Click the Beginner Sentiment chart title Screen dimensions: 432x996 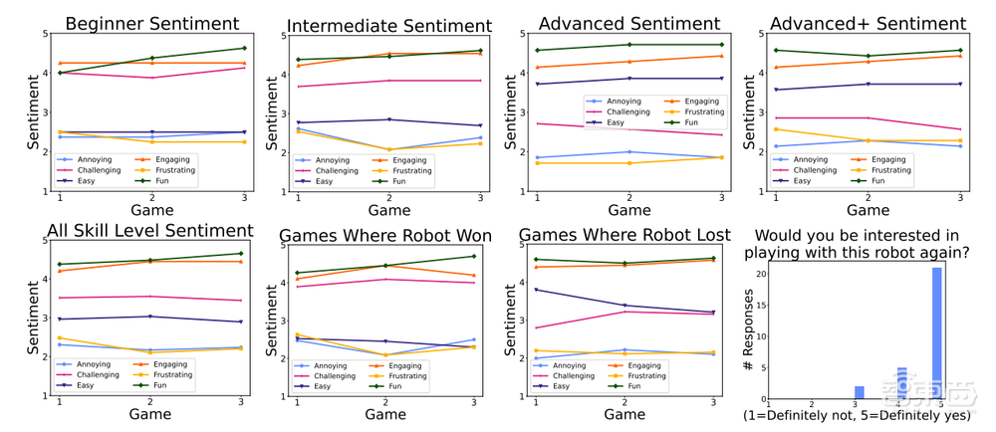pyautogui.click(x=151, y=23)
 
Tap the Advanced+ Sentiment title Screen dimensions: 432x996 pyautogui.click(x=868, y=23)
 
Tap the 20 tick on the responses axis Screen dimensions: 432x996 pyautogui.click(x=759, y=274)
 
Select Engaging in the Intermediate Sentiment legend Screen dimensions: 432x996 pyautogui.click(x=409, y=159)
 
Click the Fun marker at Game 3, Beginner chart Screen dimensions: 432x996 pyautogui.click(x=244, y=48)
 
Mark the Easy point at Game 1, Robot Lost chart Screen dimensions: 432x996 pyautogui.click(x=538, y=290)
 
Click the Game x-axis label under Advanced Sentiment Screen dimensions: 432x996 pyautogui.click(x=629, y=210)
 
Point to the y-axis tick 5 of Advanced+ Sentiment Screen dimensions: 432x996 pyautogui.click(x=759, y=34)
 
